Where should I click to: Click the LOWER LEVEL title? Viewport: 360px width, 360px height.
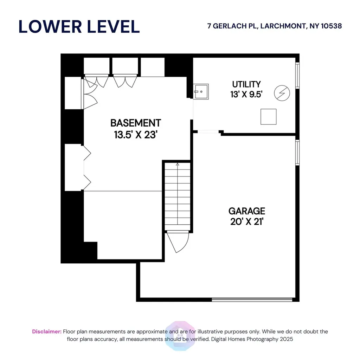tap(79, 27)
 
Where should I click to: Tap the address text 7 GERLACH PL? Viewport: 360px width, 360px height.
tap(233, 26)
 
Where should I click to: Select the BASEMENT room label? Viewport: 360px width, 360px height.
tap(136, 123)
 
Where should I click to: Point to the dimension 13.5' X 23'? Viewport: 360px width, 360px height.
tap(136, 135)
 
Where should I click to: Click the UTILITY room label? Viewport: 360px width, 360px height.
tap(246, 84)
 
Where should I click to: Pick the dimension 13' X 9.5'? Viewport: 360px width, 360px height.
tap(246, 94)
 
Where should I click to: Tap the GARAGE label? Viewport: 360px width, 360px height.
tap(247, 211)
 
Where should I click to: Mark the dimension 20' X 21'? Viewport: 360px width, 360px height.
tap(247, 222)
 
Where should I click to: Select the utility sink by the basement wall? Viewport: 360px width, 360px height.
tap(201, 92)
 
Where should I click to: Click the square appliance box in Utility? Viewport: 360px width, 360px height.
tap(268, 117)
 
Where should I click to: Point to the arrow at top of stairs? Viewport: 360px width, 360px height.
tap(178, 165)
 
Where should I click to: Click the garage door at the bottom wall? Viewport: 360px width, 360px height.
tap(252, 300)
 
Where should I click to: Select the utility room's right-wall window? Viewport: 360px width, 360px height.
tap(297, 75)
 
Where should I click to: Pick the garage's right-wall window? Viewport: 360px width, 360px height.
tap(297, 153)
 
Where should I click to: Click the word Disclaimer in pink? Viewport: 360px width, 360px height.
tap(47, 332)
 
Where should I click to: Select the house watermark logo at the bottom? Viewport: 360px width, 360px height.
tap(180, 336)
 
